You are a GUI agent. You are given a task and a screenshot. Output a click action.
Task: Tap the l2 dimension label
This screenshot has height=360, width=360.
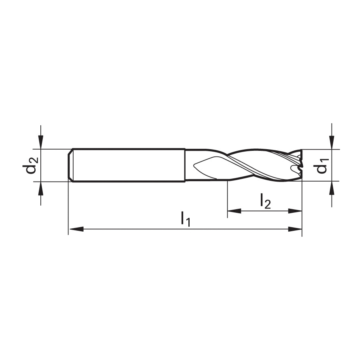pos(266,201)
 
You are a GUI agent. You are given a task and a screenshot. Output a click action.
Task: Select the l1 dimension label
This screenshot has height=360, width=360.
pos(186,219)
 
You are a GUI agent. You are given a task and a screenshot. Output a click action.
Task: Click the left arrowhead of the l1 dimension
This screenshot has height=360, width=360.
pos(76,229)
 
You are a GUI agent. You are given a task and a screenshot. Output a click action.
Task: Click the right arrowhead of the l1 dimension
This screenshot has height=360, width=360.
pos(295,229)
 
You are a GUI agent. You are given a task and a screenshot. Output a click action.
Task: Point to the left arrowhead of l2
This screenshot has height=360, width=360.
pos(234,211)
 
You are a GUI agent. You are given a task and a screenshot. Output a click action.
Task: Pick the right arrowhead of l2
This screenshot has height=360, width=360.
pos(295,211)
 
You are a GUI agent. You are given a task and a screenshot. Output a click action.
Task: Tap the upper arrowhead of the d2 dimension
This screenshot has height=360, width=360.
pos(41,142)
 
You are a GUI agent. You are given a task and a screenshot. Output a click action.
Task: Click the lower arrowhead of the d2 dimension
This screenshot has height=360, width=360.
pos(41,189)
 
